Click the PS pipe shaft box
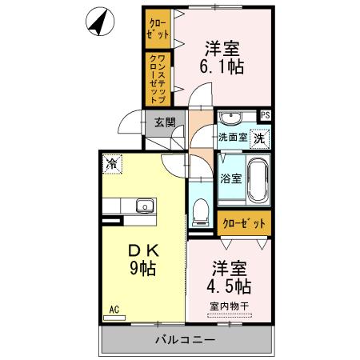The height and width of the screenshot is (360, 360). click(x=265, y=115)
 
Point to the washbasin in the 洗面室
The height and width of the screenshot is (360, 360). click(x=232, y=118)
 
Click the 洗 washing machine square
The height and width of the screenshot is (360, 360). click(x=260, y=138)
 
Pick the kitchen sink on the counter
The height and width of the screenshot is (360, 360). click(x=145, y=206)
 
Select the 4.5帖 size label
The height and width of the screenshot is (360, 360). click(x=229, y=286)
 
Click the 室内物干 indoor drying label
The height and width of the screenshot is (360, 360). click(x=229, y=305)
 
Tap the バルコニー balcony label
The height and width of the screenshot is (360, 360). click(x=186, y=340)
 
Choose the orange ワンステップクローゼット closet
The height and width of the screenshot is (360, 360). click(x=156, y=78)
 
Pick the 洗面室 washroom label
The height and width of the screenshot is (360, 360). click(x=234, y=138)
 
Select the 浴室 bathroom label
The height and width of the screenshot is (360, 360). click(x=230, y=178)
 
